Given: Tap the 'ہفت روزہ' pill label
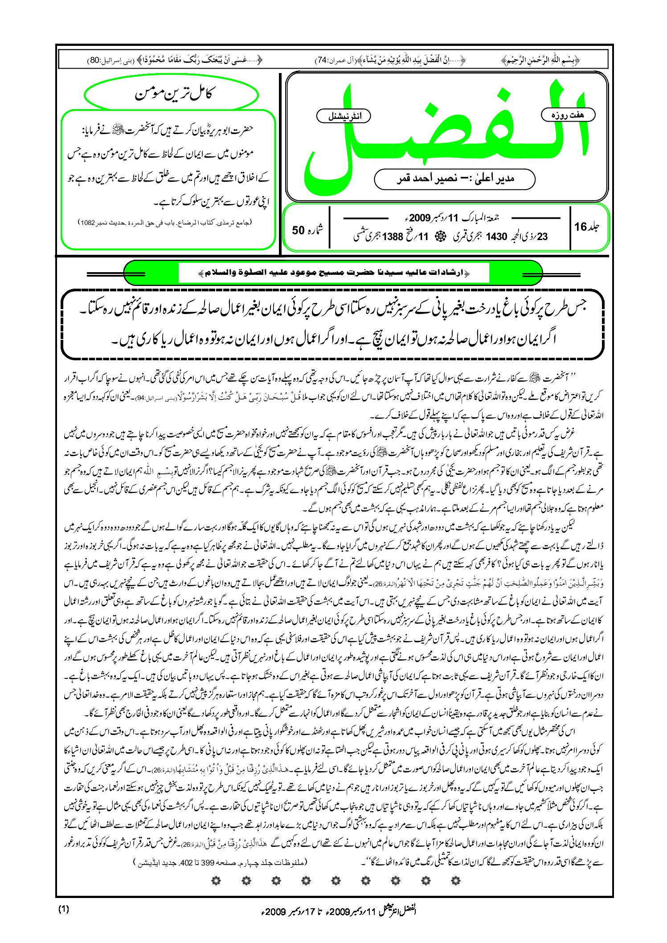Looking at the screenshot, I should (x=568, y=115).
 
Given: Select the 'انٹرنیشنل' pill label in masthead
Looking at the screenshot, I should (x=344, y=117).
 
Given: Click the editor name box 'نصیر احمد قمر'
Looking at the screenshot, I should (x=454, y=179).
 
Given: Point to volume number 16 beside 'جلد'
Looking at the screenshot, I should (x=581, y=227).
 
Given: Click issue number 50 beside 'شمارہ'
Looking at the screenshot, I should (x=298, y=230).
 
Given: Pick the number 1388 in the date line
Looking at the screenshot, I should (x=392, y=237).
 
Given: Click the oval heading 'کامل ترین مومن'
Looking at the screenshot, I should (x=171, y=94).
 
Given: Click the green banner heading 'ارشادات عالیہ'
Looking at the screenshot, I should (x=333, y=273).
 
